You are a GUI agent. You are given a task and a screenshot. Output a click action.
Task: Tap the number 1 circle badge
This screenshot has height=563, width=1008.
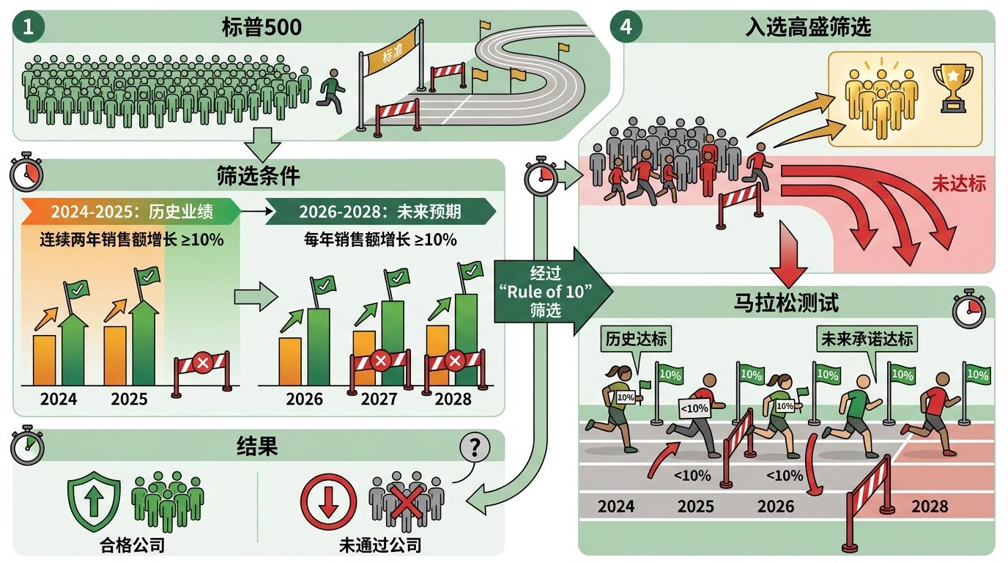click(29, 28)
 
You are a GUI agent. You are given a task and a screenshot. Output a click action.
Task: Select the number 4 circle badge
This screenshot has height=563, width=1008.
click(626, 27)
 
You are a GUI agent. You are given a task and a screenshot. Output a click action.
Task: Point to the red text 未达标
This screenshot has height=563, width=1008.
click(958, 183)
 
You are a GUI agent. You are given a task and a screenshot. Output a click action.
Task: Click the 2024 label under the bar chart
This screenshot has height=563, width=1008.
click(59, 399)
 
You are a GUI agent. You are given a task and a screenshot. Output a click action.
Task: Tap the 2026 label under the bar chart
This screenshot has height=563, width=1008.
click(304, 399)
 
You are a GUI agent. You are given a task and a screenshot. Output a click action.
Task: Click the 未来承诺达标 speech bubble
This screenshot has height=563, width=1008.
click(867, 339)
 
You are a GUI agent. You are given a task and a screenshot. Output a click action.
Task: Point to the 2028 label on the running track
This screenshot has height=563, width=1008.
click(930, 506)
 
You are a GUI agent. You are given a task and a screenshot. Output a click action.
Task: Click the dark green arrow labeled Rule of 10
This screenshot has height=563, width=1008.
click(542, 291)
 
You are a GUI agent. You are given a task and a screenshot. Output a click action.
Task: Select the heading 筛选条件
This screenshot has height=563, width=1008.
click(258, 176)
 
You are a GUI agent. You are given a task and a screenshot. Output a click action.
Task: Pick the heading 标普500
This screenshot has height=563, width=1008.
click(261, 28)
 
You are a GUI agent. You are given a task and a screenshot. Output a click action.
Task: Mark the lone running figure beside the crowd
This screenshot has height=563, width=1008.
click(331, 90)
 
